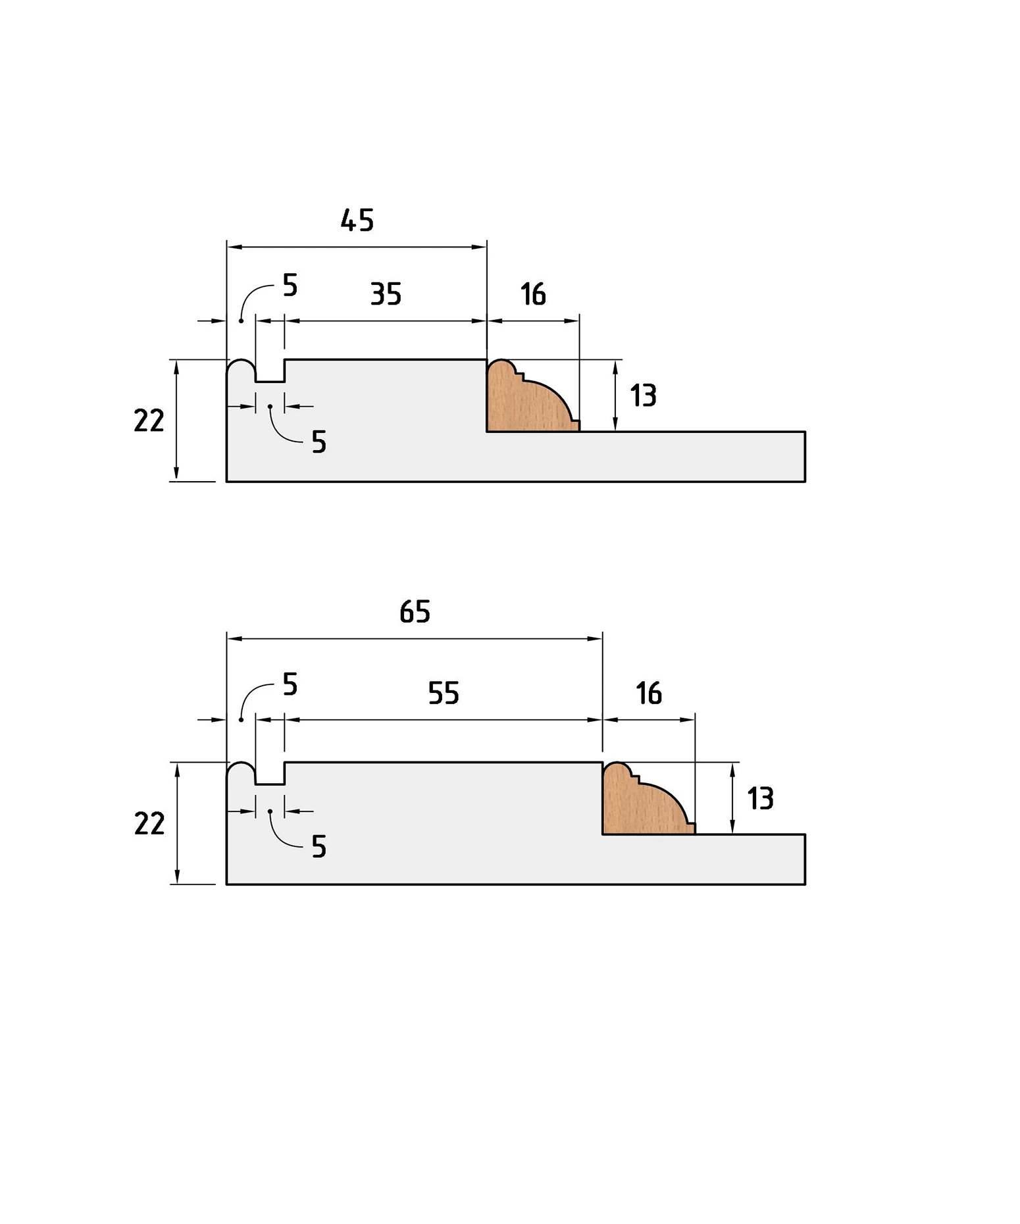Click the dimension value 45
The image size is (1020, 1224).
click(x=357, y=220)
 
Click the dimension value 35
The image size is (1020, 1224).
click(x=386, y=294)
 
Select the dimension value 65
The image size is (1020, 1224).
click(x=415, y=612)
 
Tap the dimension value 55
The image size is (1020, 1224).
click(x=444, y=693)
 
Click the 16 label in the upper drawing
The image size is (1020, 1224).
click(x=533, y=294)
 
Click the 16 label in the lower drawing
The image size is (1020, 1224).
click(x=649, y=693)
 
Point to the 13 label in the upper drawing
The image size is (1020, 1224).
click(x=643, y=395)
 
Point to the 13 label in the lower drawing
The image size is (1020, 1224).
click(x=760, y=798)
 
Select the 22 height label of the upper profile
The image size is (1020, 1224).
click(x=149, y=421)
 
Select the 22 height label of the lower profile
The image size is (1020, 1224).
click(x=149, y=823)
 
